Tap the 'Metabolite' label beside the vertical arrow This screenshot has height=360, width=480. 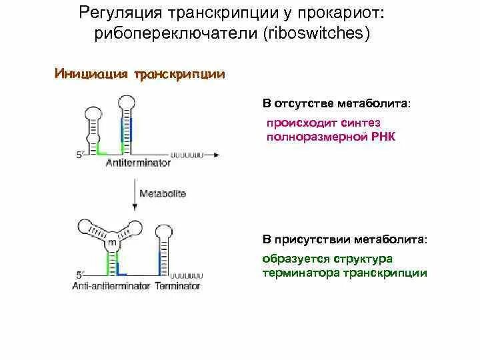pyautogui.click(x=163, y=193)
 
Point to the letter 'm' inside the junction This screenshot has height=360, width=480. pyautogui.click(x=111, y=244)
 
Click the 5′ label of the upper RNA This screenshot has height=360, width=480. pyautogui.click(x=80, y=155)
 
